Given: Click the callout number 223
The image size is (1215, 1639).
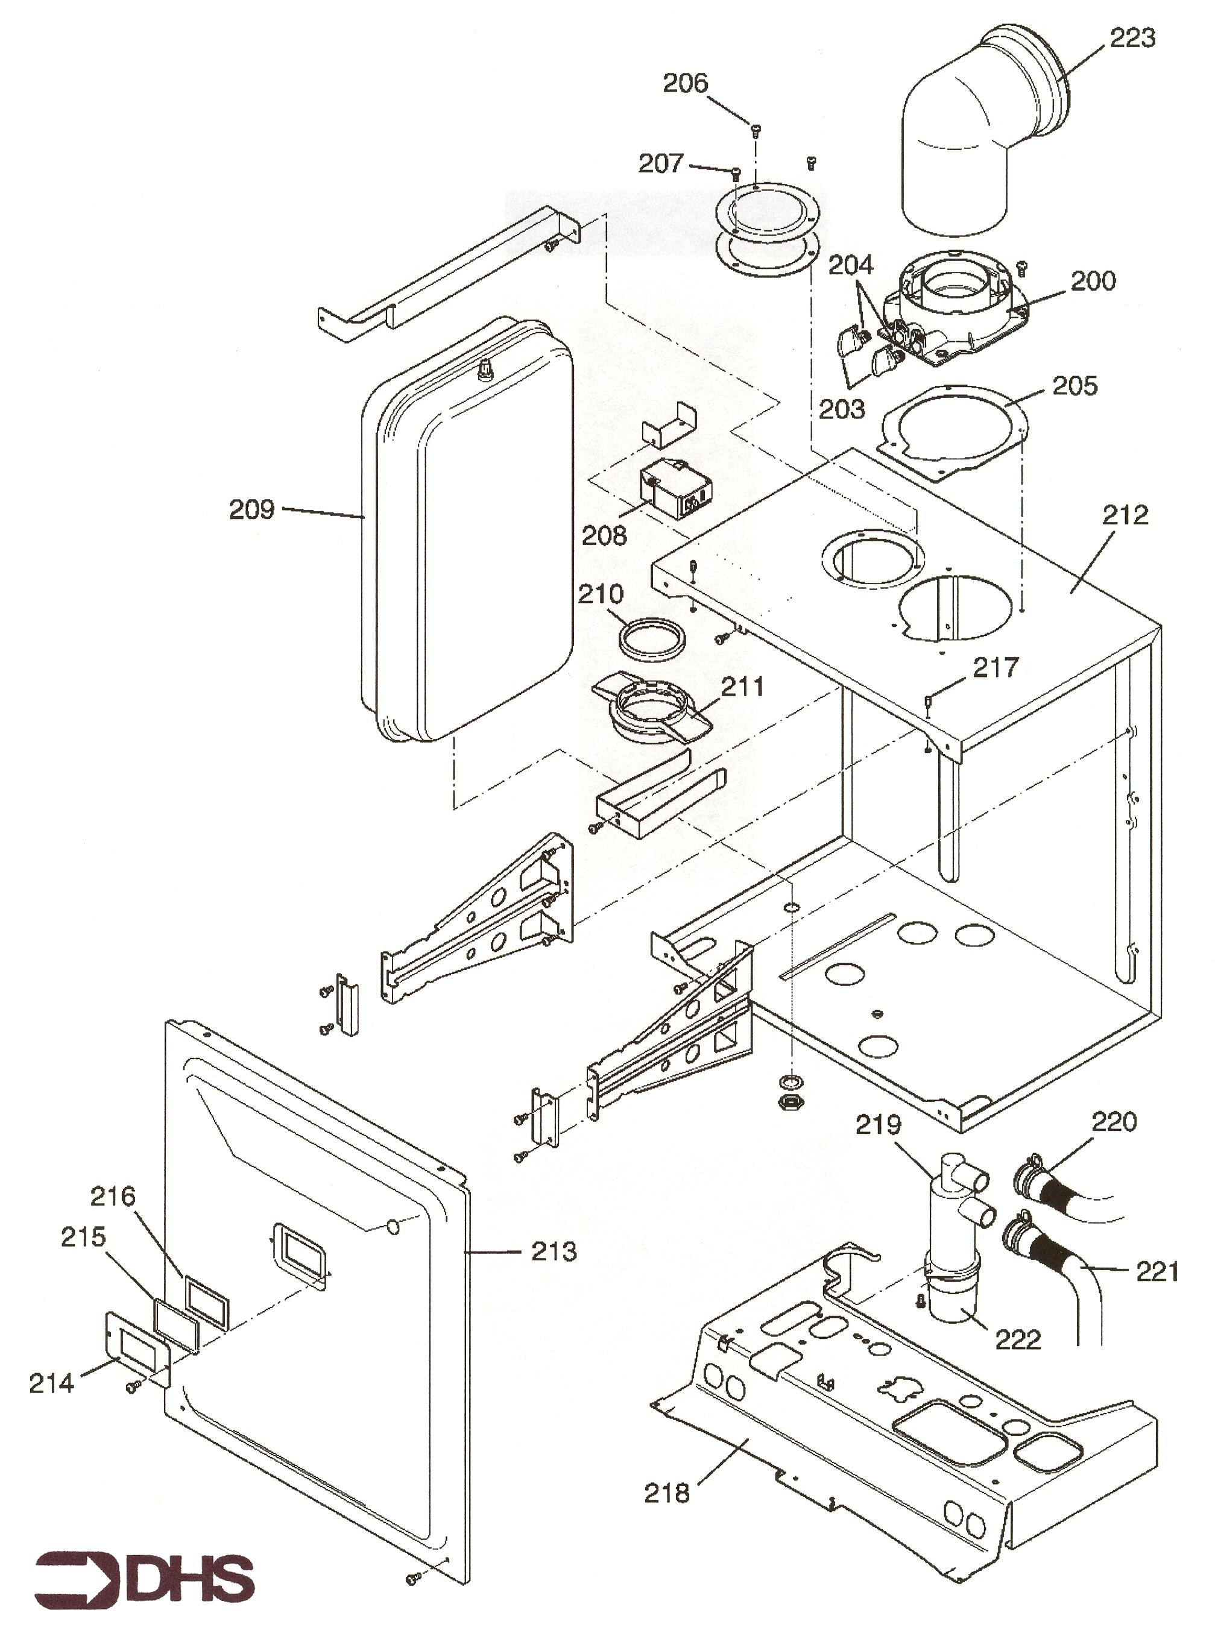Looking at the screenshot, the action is coord(1132,37).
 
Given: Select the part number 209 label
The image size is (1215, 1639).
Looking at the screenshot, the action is coord(251,509).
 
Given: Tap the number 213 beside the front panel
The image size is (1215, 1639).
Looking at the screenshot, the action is coord(554,1251).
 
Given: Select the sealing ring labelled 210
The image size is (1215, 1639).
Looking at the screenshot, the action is coord(653,637).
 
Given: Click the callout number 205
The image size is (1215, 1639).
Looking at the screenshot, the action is coord(1075,385).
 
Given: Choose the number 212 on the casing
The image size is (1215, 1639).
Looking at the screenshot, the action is coord(1125,514).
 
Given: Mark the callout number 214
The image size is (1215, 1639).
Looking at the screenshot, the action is coord(51,1383).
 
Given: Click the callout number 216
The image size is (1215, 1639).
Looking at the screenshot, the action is coord(113,1197).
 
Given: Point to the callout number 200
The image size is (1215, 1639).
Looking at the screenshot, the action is coord(1093,280).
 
